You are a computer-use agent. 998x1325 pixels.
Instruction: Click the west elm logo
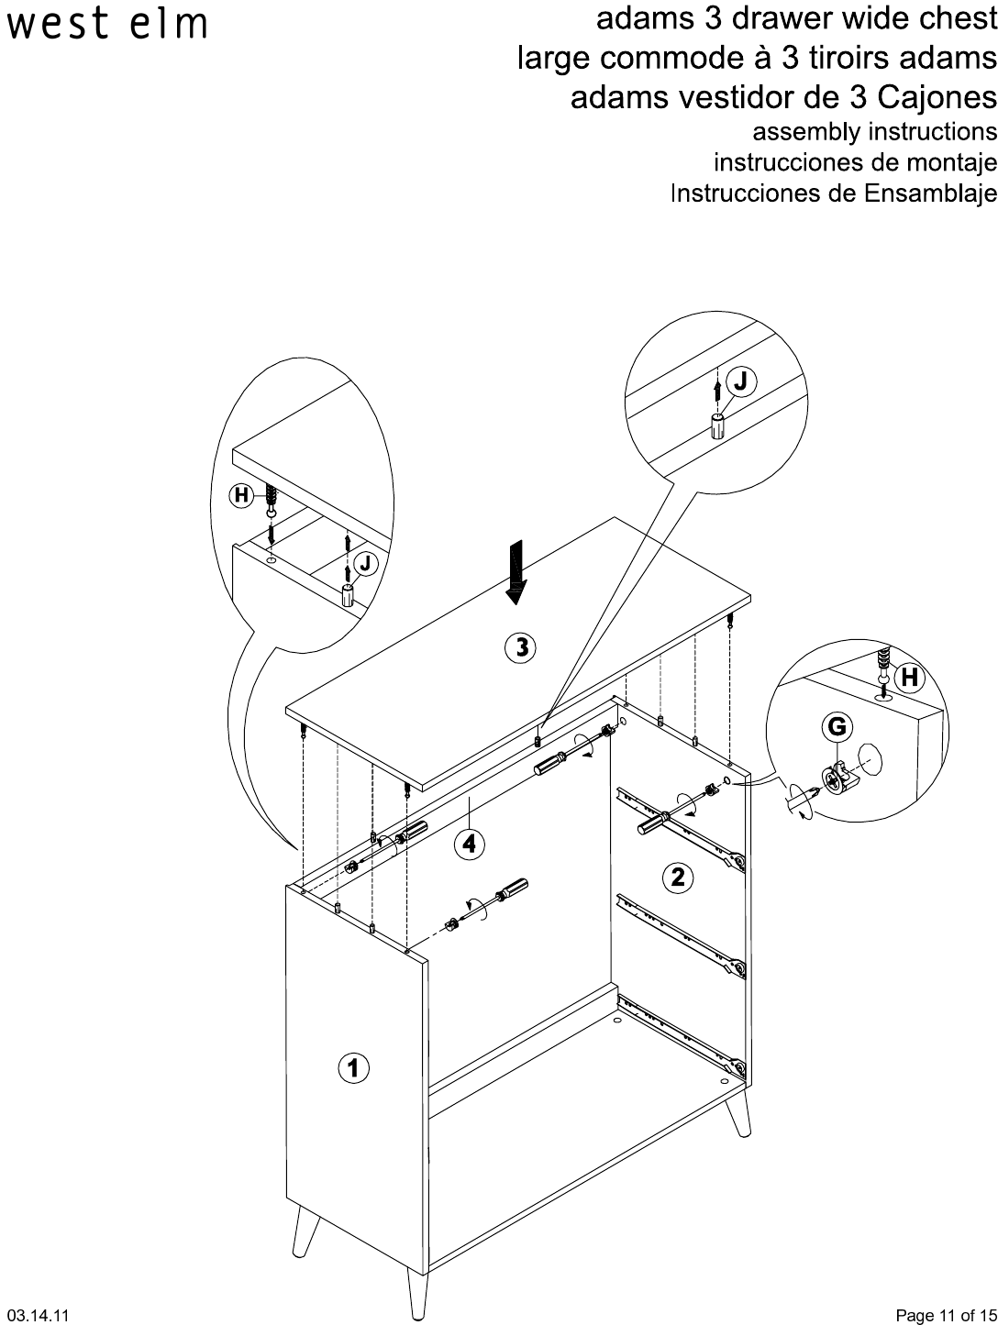(106, 25)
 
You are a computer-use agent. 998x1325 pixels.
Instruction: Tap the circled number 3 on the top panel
(521, 648)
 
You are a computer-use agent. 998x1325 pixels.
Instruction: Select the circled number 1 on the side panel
(354, 1067)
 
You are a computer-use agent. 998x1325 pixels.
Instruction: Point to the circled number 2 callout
(677, 878)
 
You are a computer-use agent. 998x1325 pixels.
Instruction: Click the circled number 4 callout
(469, 843)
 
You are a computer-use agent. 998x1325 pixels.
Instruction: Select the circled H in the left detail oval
(240, 496)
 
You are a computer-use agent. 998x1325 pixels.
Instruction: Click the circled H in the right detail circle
(909, 678)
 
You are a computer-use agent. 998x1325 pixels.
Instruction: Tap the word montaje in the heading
(954, 163)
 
